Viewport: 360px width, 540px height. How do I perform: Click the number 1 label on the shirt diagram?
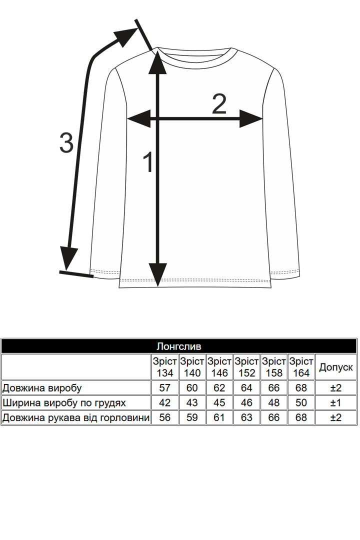148,162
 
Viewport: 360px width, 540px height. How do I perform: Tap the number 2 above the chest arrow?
219,103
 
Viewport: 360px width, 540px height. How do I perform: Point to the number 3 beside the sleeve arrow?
66,142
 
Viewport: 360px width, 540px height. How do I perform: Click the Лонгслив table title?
179,346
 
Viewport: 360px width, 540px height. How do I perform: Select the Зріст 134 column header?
164,367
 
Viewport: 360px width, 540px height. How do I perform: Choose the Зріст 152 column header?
246,367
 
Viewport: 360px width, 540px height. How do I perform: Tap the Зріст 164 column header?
301,367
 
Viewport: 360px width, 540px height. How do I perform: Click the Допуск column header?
336,367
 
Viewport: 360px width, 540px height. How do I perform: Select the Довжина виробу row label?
42,388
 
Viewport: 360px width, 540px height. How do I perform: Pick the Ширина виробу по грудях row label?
64,403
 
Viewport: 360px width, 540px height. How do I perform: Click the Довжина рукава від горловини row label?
76,417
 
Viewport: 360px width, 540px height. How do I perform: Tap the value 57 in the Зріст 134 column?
164,388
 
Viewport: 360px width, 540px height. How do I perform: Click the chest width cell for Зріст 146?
219,402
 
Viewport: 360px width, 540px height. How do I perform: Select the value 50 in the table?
301,402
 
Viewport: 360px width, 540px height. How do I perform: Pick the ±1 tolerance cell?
336,402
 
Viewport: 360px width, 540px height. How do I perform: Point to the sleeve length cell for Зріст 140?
192,417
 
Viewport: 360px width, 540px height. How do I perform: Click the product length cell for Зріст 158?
274,388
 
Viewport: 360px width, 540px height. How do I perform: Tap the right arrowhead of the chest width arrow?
251,119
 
